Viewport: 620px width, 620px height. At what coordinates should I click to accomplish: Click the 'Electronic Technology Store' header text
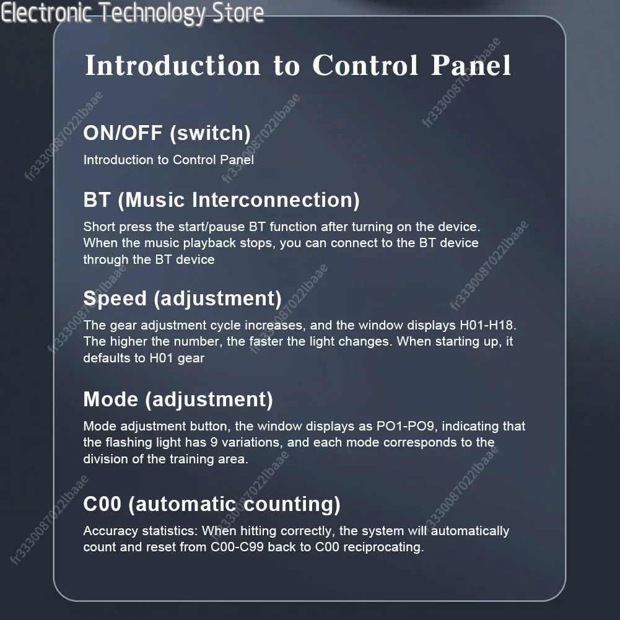click(x=132, y=13)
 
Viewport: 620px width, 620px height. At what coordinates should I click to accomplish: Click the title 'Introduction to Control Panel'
click(x=298, y=65)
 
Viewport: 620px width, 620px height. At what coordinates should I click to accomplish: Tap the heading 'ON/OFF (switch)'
click(x=167, y=133)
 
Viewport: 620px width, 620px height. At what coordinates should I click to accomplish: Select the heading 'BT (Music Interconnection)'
click(x=222, y=200)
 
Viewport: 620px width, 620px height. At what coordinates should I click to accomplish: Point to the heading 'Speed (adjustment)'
click(x=182, y=299)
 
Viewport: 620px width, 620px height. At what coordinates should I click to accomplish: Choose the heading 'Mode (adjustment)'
click(x=178, y=400)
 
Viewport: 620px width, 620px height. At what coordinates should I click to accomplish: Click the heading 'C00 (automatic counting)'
click(x=212, y=504)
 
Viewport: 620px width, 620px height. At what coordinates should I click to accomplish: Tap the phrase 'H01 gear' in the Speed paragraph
click(x=177, y=358)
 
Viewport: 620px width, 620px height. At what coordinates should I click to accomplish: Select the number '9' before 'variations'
click(x=214, y=442)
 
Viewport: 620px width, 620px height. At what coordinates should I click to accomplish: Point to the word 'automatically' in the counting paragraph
click(x=469, y=531)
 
